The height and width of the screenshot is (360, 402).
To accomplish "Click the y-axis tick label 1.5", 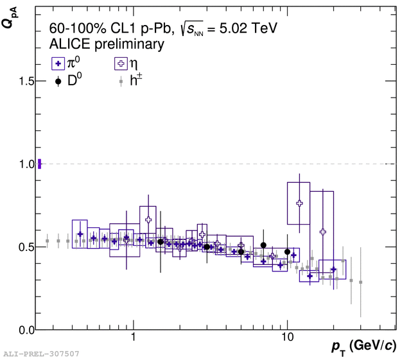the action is tap(26, 81).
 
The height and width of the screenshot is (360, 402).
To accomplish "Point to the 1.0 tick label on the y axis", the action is tap(26, 164).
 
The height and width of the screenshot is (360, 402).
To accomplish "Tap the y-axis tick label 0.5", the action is tap(26, 247).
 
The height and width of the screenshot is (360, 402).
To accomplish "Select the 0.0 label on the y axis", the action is tap(26, 330).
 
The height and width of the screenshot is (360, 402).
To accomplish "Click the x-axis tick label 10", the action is tap(288, 337).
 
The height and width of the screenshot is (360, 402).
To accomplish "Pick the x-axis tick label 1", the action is tap(133, 337).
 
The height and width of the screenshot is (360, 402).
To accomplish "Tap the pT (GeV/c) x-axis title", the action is tap(364, 347).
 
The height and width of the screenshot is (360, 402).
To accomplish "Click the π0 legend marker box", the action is tap(58, 64).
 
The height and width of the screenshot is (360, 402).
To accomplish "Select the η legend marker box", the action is tap(121, 64).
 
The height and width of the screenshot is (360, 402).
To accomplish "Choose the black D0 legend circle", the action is tap(58, 81).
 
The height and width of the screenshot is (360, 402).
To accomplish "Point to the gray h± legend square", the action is tap(121, 81).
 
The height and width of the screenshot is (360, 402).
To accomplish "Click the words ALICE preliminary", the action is tap(107, 44).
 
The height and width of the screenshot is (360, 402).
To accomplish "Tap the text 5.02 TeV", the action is tap(248, 28).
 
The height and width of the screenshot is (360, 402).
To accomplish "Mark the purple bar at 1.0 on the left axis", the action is tap(39, 164).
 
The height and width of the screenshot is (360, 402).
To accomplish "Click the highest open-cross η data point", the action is tap(299, 203).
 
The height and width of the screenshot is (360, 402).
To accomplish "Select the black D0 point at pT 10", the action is tap(288, 252).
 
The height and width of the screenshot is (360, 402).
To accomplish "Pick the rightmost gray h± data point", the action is tap(360, 282).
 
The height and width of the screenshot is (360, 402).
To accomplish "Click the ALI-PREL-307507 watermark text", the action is tap(41, 354).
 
